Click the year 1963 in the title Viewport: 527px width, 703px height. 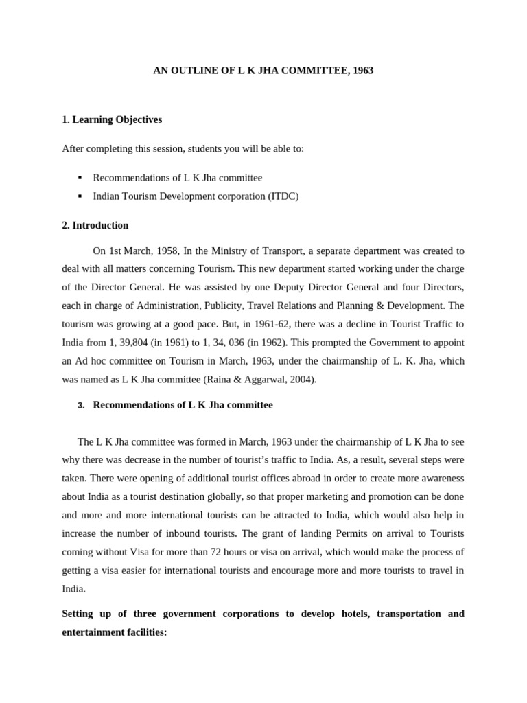click(362, 71)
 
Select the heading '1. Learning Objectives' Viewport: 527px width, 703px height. click(112, 119)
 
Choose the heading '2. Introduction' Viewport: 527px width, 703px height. click(95, 225)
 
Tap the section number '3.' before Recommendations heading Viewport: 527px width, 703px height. click(80, 406)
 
